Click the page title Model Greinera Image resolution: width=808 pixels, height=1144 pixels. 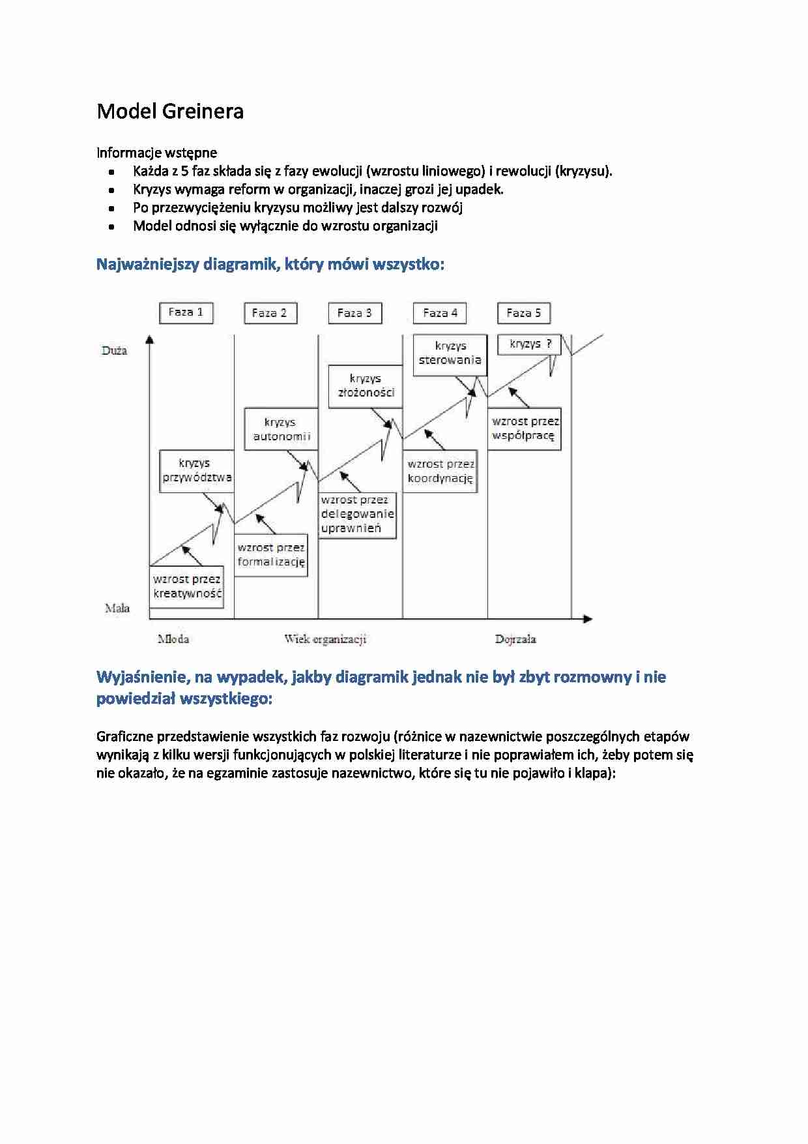170,112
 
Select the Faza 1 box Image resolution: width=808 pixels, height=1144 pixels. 186,312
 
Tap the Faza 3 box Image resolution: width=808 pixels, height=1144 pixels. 354,313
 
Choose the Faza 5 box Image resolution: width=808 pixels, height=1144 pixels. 523,313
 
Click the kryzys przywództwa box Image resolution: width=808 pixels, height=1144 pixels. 196,470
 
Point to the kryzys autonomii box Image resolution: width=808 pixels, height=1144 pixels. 281,429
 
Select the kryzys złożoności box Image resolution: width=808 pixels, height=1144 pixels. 365,385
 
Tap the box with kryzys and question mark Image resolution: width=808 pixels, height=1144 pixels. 529,344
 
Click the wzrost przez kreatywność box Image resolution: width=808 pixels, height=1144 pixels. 187,586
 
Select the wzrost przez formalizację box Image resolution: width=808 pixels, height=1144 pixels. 271,555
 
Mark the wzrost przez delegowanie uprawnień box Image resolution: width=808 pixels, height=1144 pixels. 357,514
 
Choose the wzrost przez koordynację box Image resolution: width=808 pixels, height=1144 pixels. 440,471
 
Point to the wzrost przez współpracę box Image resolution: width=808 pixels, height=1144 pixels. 524,429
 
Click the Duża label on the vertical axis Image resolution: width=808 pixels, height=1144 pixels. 114,351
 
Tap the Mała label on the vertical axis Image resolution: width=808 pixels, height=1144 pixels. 117,609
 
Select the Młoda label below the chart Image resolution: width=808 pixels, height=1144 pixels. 173,639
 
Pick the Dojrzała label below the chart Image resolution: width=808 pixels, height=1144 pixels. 515,639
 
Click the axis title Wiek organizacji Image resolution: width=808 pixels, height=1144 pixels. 325,639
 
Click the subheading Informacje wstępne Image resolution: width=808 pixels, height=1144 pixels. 156,153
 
